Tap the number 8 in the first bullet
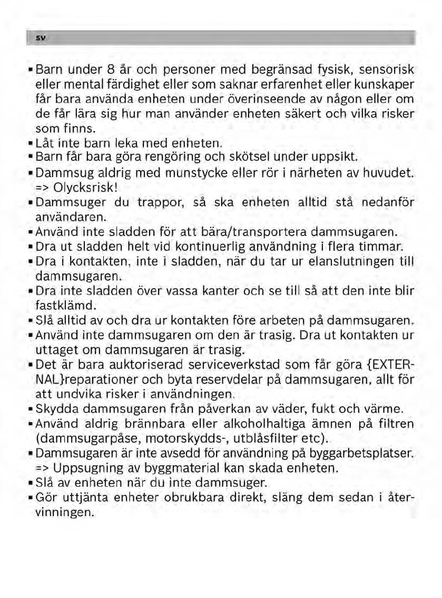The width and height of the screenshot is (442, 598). click(110, 70)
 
